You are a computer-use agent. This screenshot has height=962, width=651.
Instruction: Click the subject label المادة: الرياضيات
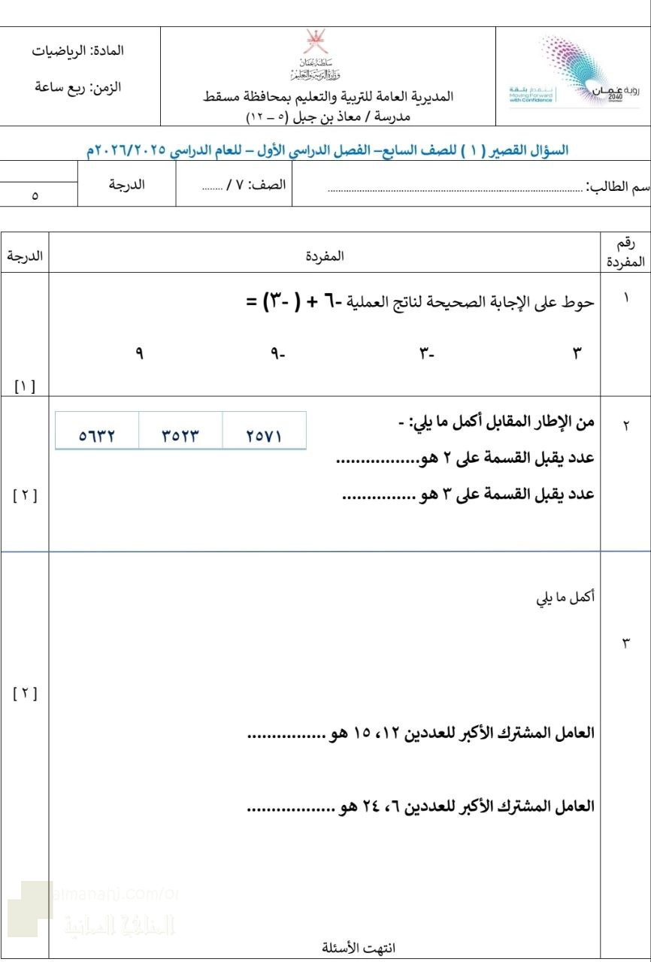click(79, 51)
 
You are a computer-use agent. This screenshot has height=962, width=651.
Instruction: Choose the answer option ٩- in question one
click(278, 352)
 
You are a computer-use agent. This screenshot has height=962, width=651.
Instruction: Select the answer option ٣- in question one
click(427, 352)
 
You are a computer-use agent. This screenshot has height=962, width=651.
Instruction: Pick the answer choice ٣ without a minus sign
click(577, 352)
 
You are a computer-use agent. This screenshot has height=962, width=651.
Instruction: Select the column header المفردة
click(325, 256)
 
